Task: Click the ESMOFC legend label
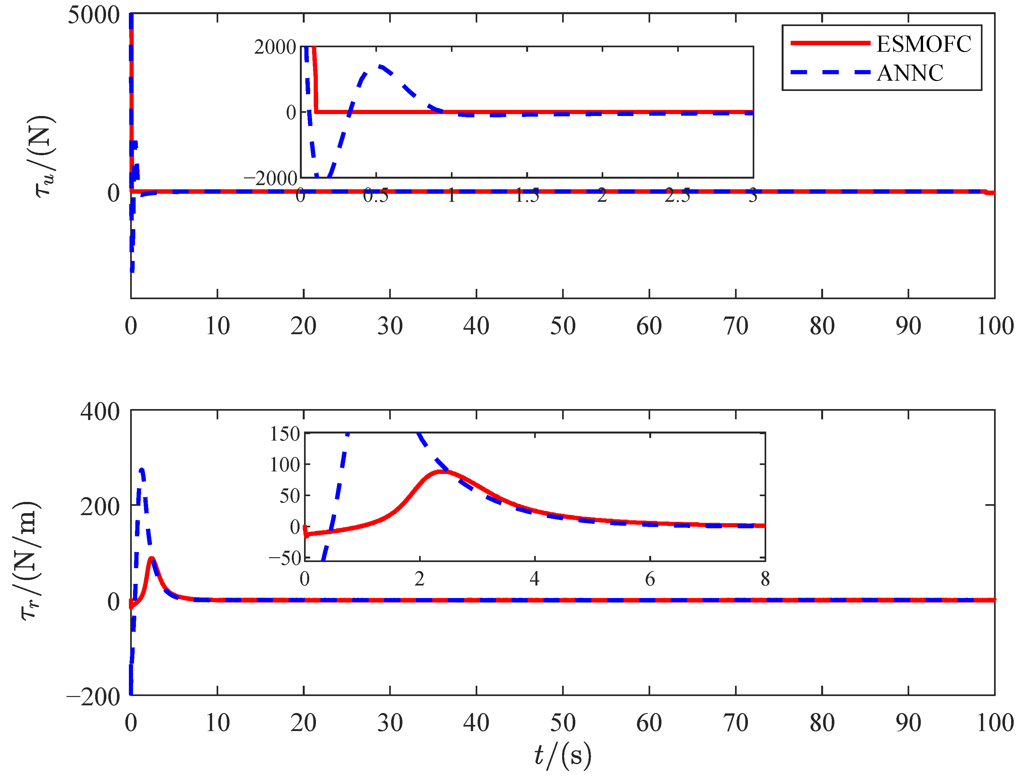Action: (924, 44)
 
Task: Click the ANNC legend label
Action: (910, 73)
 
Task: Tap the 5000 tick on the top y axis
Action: (94, 15)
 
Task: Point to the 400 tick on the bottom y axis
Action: (100, 411)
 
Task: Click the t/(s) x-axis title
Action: (562, 755)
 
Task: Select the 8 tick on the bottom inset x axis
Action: (765, 579)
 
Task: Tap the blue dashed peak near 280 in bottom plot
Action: (141, 470)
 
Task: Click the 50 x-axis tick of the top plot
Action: (562, 326)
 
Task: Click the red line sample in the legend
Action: (830, 43)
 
